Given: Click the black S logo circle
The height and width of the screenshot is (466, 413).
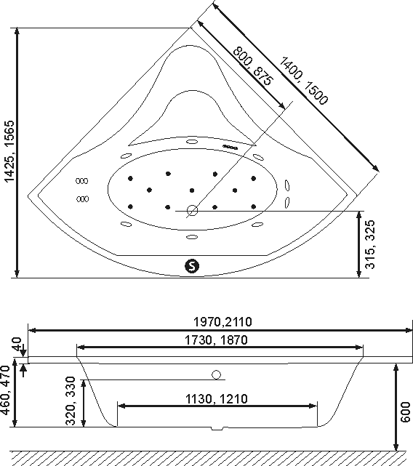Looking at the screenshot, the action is coord(192,265).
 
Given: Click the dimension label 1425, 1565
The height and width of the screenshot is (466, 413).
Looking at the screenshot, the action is coord(9,151).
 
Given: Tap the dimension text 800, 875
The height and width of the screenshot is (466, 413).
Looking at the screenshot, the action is coord(252,66).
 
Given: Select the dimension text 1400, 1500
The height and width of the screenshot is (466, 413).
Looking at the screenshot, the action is coord(304,81).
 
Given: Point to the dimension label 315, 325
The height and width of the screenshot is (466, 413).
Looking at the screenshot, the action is coord(370,244).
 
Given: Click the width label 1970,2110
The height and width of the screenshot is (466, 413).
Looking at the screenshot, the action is coord(222,321).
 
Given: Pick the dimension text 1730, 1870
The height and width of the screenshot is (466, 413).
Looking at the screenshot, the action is coord(216,340).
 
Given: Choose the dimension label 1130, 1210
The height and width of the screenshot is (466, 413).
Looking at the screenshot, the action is coord(217,399).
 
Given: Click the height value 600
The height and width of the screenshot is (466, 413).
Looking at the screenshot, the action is coord(406,412).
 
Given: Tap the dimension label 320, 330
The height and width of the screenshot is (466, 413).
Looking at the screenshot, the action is coord(71,401).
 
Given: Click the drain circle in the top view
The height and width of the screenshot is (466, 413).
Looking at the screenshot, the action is coord(193,211).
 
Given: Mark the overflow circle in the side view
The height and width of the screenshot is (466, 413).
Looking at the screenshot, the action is coord(217,374).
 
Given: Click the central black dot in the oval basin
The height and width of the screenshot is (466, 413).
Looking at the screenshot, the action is coord(192,190).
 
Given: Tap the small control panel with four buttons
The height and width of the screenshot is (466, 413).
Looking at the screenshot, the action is coord(230,147).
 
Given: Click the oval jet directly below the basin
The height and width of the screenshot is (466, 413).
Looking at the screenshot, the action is coord(192,237).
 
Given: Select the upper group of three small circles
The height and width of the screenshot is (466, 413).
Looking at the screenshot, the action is coord(81,181).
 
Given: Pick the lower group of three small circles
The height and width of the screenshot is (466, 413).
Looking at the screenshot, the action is coord(82,198).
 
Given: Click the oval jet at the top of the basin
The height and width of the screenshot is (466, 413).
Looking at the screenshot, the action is coord(192,141).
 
